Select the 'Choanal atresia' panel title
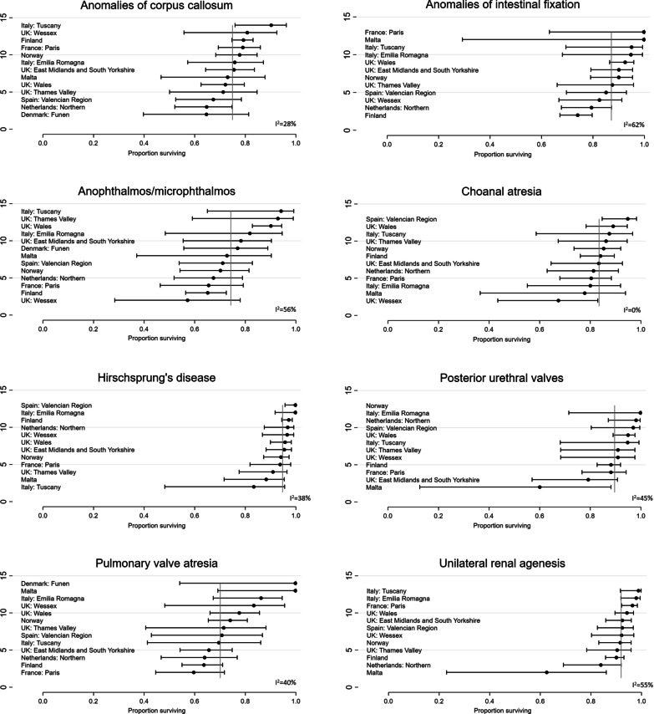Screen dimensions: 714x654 click(x=505, y=189)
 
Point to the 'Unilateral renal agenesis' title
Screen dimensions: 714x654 click(x=505, y=550)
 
